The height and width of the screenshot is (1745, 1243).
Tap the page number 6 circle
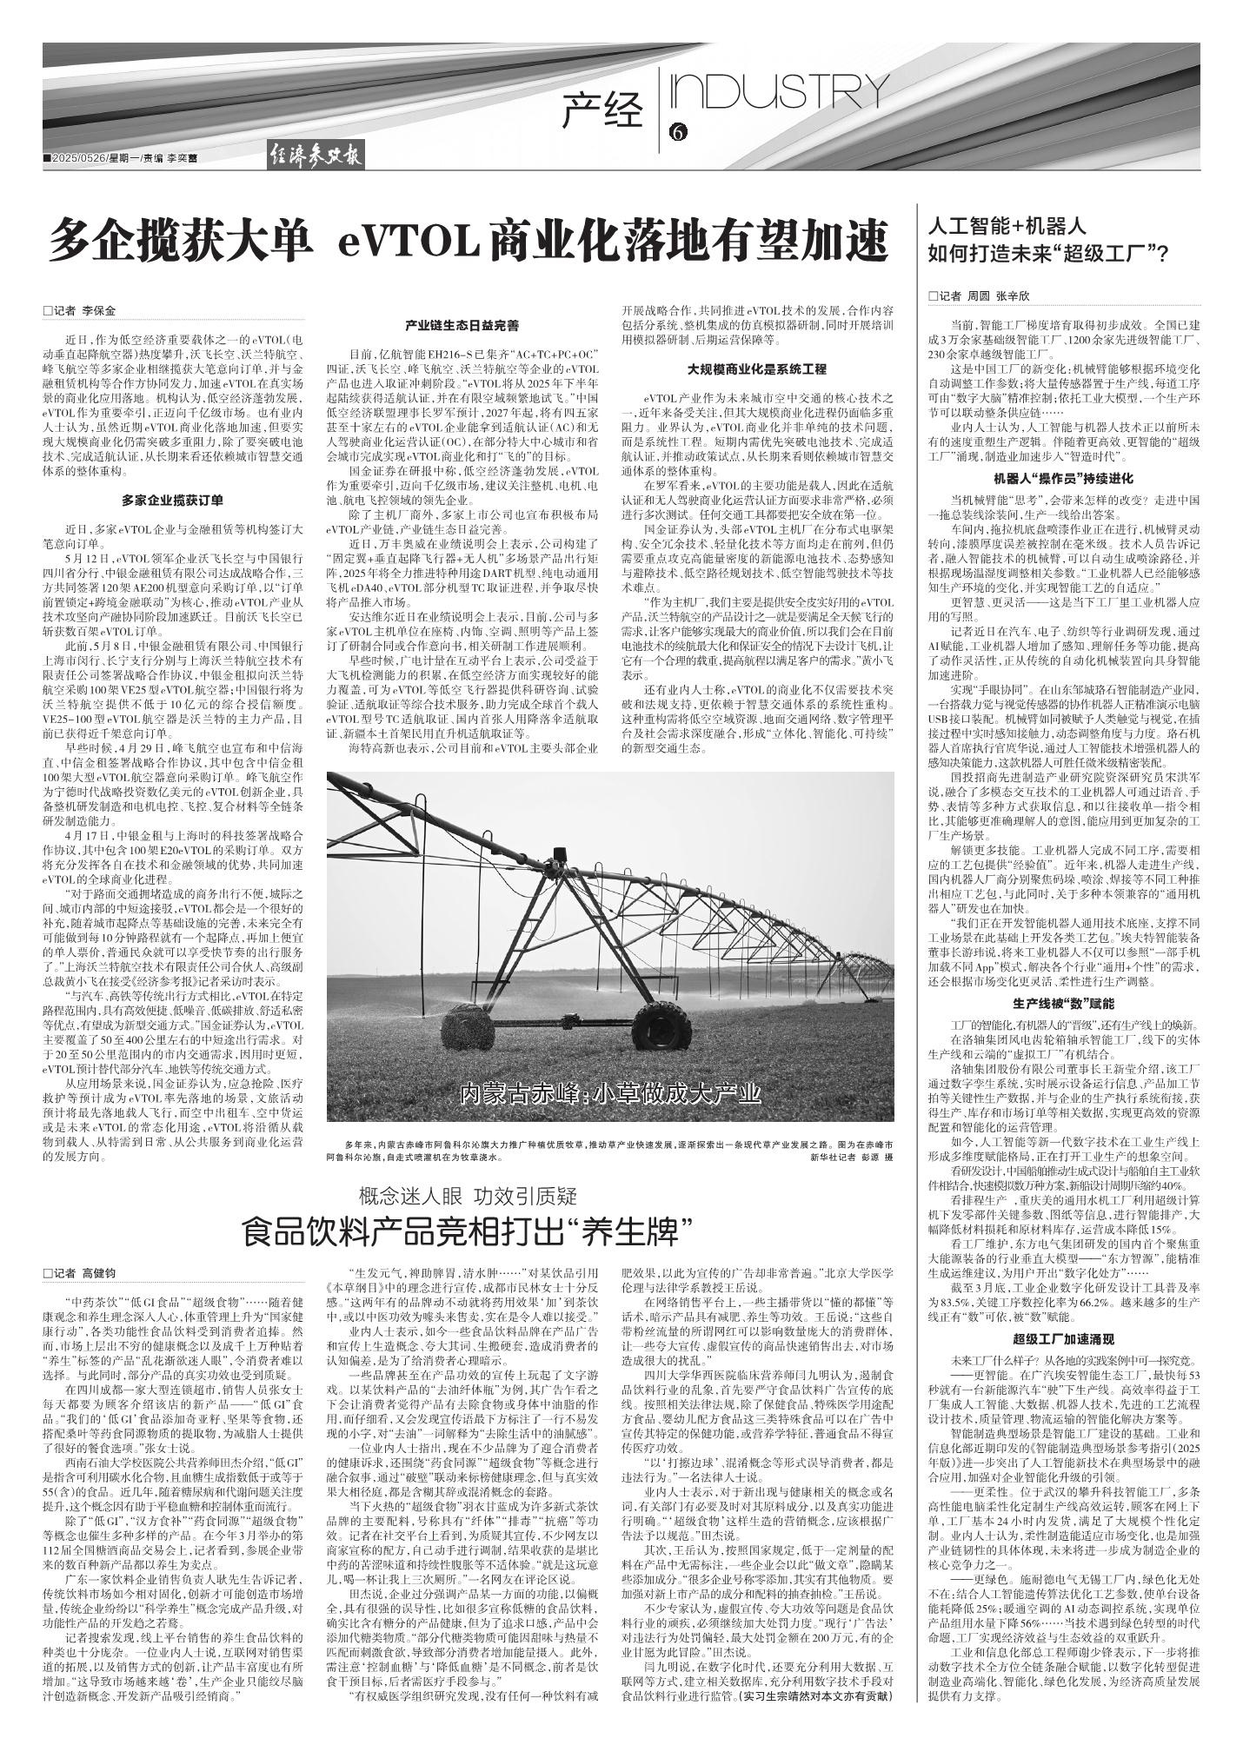678,132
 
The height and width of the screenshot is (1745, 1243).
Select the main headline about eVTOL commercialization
469,242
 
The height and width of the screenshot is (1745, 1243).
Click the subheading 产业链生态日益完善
462,326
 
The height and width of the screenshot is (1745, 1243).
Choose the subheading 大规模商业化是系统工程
756,368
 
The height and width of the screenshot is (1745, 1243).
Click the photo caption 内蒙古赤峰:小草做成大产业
610,1092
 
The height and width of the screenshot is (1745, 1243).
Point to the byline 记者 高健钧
80,1272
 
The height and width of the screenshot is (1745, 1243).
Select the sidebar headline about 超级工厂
1047,241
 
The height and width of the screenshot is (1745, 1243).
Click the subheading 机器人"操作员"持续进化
1063,479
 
